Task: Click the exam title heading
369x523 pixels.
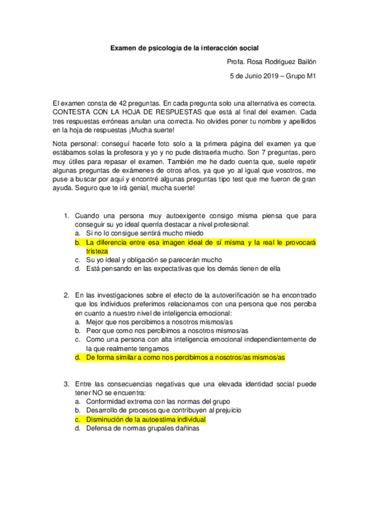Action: (x=184, y=47)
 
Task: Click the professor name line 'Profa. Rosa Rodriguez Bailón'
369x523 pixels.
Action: (x=271, y=62)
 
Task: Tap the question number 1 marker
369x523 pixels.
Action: (x=66, y=216)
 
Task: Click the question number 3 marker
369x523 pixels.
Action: (x=66, y=384)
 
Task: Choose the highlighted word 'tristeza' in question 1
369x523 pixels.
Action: (x=97, y=251)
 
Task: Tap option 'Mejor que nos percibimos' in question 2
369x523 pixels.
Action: (x=159, y=322)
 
